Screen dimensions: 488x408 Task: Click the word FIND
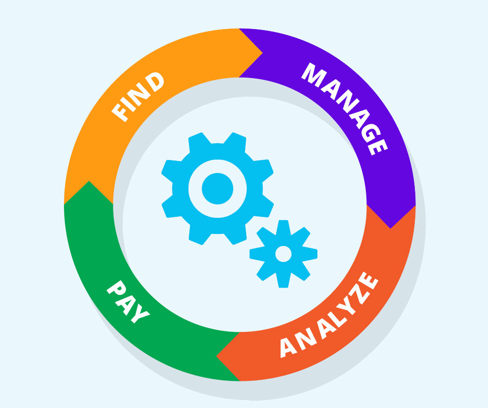[138, 97]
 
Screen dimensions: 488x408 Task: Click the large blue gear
[218, 189]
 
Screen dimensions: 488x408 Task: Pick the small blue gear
[283, 254]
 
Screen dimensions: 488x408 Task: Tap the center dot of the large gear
[218, 189]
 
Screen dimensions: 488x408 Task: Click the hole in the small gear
[283, 254]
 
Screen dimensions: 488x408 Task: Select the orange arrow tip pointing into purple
[262, 53]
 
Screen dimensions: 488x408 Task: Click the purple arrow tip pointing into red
[391, 228]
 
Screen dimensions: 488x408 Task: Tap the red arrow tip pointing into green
[217, 356]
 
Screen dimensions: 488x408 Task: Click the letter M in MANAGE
[314, 75]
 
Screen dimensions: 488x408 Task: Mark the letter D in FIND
[155, 82]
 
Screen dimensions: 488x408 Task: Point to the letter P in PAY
[116, 288]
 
